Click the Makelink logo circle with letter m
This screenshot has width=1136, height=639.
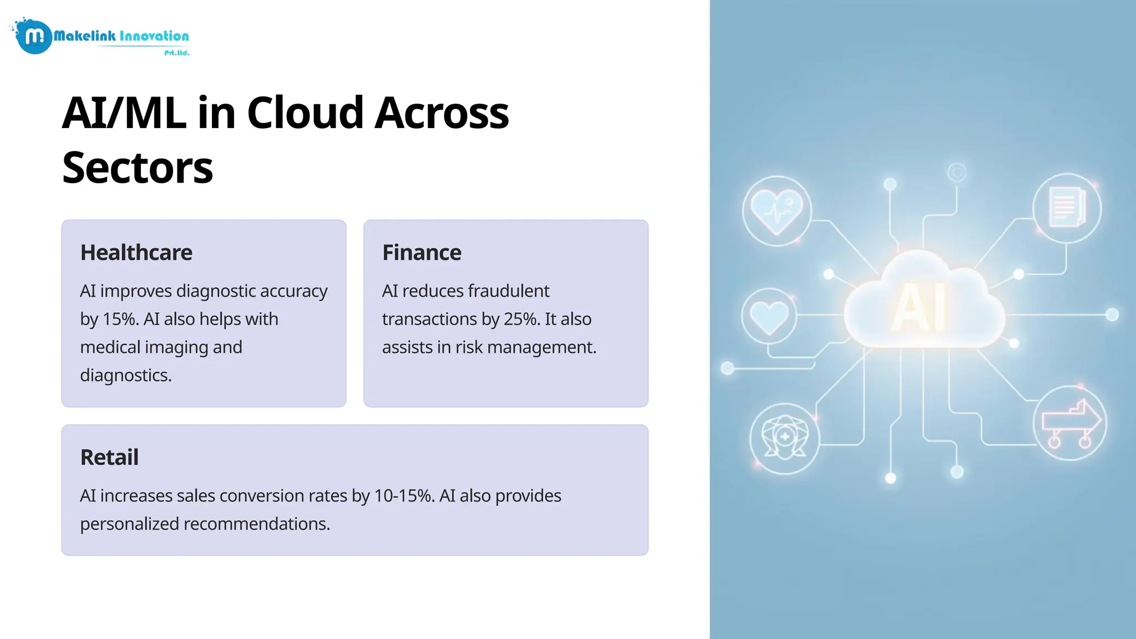[34, 37]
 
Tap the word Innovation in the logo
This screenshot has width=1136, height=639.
[154, 37]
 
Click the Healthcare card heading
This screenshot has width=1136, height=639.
[136, 252]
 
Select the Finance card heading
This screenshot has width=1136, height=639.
[422, 252]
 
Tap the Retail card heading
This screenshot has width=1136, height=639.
[109, 457]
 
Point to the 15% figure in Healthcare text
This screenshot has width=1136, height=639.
[119, 319]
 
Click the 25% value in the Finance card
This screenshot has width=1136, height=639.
[521, 319]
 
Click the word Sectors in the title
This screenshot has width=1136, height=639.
[137, 167]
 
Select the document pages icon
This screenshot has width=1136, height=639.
[1067, 208]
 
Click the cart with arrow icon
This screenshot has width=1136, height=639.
[1070, 424]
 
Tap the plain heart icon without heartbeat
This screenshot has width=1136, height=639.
[769, 316]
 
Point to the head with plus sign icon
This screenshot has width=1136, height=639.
[784, 438]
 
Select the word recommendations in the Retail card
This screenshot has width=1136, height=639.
[256, 524]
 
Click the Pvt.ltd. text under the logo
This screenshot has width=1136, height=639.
[176, 53]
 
